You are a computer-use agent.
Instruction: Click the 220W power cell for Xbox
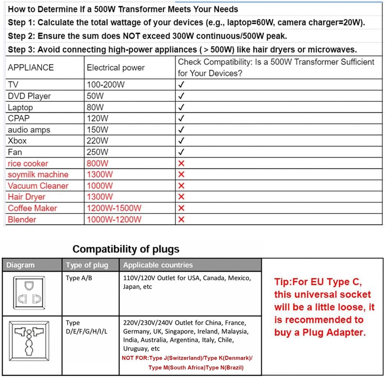[97, 141]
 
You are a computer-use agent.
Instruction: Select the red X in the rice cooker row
[181, 164]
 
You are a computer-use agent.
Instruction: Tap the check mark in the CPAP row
[181, 118]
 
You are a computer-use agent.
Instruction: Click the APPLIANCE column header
[31, 67]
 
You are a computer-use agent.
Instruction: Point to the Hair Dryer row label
[26, 197]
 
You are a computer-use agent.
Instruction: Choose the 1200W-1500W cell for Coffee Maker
[114, 208]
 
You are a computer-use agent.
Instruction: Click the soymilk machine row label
[38, 174]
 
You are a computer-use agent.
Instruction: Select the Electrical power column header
[115, 68]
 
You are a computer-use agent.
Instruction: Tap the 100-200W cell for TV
[106, 85]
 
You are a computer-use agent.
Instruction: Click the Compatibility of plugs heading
[126, 249]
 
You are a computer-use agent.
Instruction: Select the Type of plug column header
[87, 265]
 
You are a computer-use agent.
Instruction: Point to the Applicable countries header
[158, 265]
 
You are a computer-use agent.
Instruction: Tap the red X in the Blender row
[181, 219]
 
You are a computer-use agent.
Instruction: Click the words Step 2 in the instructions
[21, 36]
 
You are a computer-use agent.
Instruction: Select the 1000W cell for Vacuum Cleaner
[100, 186]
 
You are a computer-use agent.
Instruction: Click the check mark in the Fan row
[181, 152]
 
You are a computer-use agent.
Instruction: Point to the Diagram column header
[20, 265]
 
